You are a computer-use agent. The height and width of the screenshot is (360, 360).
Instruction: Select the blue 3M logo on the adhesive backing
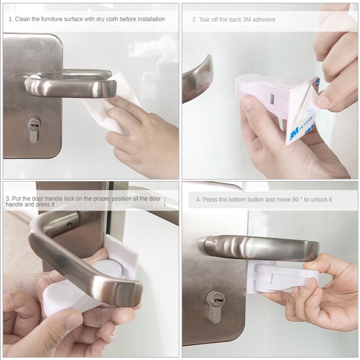(x=294, y=132)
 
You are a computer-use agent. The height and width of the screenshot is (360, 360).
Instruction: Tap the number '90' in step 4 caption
(x=296, y=200)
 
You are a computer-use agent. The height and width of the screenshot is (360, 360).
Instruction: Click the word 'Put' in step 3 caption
(x=16, y=199)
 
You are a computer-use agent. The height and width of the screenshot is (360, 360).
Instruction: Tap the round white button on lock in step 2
(x=287, y=82)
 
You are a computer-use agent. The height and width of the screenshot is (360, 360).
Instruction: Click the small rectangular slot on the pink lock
(x=272, y=99)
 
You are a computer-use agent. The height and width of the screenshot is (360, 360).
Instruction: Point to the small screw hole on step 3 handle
(x=69, y=225)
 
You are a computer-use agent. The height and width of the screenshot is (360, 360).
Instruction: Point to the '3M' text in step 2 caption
(x=247, y=20)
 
